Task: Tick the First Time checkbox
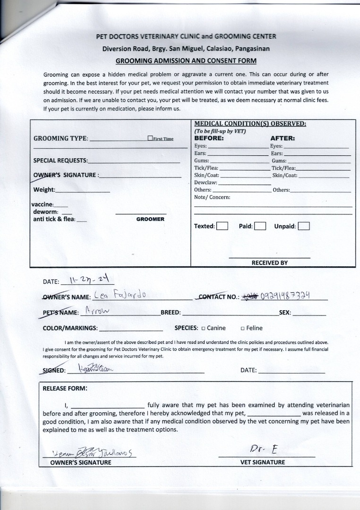click(x=150, y=138)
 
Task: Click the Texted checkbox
click(x=222, y=226)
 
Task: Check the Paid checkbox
click(x=260, y=226)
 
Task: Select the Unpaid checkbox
click(x=304, y=226)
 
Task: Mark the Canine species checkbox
click(x=203, y=328)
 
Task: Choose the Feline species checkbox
click(x=242, y=328)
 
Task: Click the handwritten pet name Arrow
click(x=97, y=312)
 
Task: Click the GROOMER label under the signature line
click(x=150, y=219)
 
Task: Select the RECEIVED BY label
click(x=269, y=263)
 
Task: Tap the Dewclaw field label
click(x=206, y=182)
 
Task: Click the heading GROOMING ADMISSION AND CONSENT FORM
click(x=186, y=60)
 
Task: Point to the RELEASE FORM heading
click(x=65, y=389)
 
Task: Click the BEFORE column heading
click(x=209, y=138)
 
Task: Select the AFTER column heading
click(x=283, y=138)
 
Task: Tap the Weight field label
click(x=44, y=190)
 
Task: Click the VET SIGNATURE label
click(x=263, y=462)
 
